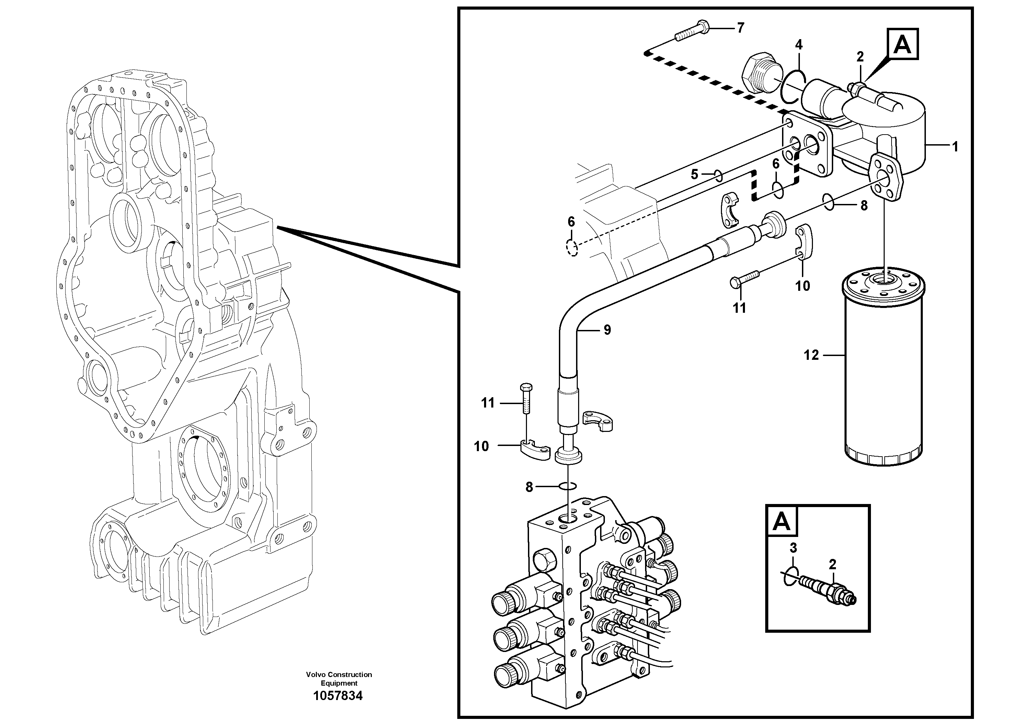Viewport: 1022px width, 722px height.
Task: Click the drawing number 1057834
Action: [x=338, y=696]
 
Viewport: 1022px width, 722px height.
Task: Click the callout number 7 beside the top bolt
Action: [x=740, y=28]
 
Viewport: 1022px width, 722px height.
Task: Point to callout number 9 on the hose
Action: [x=607, y=330]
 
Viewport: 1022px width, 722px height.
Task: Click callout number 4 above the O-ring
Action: [x=799, y=45]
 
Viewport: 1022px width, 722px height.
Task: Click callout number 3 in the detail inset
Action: [x=793, y=548]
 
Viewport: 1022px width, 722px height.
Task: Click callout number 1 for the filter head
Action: [x=955, y=147]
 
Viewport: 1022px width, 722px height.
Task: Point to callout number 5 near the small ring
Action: [x=694, y=174]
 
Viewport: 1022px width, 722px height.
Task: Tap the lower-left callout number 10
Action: [x=481, y=446]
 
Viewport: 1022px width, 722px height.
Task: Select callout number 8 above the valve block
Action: [x=529, y=488]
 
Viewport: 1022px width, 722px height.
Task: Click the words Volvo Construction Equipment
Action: [x=339, y=679]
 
